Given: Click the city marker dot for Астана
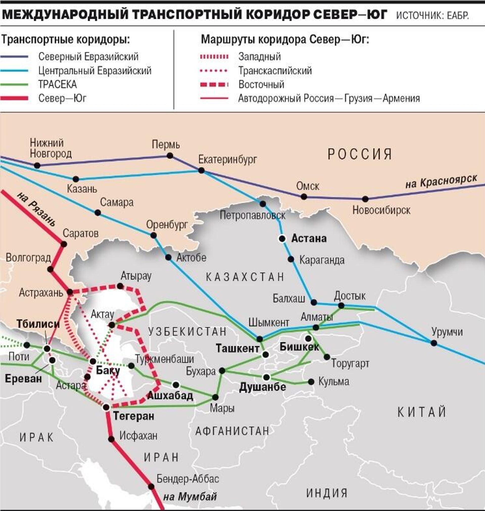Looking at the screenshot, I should click(282, 239).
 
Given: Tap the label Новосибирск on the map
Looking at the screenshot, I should click(381, 210).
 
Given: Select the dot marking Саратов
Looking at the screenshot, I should click(64, 244).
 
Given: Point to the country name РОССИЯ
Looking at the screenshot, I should click(360, 154).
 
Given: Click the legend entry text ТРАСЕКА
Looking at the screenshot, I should click(58, 85).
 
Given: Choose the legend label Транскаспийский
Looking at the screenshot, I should click(275, 71).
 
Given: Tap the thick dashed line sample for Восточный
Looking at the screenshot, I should click(214, 85).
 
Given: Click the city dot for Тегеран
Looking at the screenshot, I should click(106, 407).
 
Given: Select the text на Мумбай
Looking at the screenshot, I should click(190, 497).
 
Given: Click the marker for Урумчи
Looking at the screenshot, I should click(434, 343).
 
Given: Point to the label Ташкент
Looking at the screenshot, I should click(238, 348).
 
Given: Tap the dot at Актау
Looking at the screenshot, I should click(112, 325).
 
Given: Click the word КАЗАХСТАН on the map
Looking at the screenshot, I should click(245, 277).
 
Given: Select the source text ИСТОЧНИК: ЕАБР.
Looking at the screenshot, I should click(432, 15).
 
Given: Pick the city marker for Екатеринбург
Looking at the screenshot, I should click(201, 170).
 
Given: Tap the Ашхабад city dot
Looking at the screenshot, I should click(176, 385).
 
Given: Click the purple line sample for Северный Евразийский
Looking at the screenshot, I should click(14, 57).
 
